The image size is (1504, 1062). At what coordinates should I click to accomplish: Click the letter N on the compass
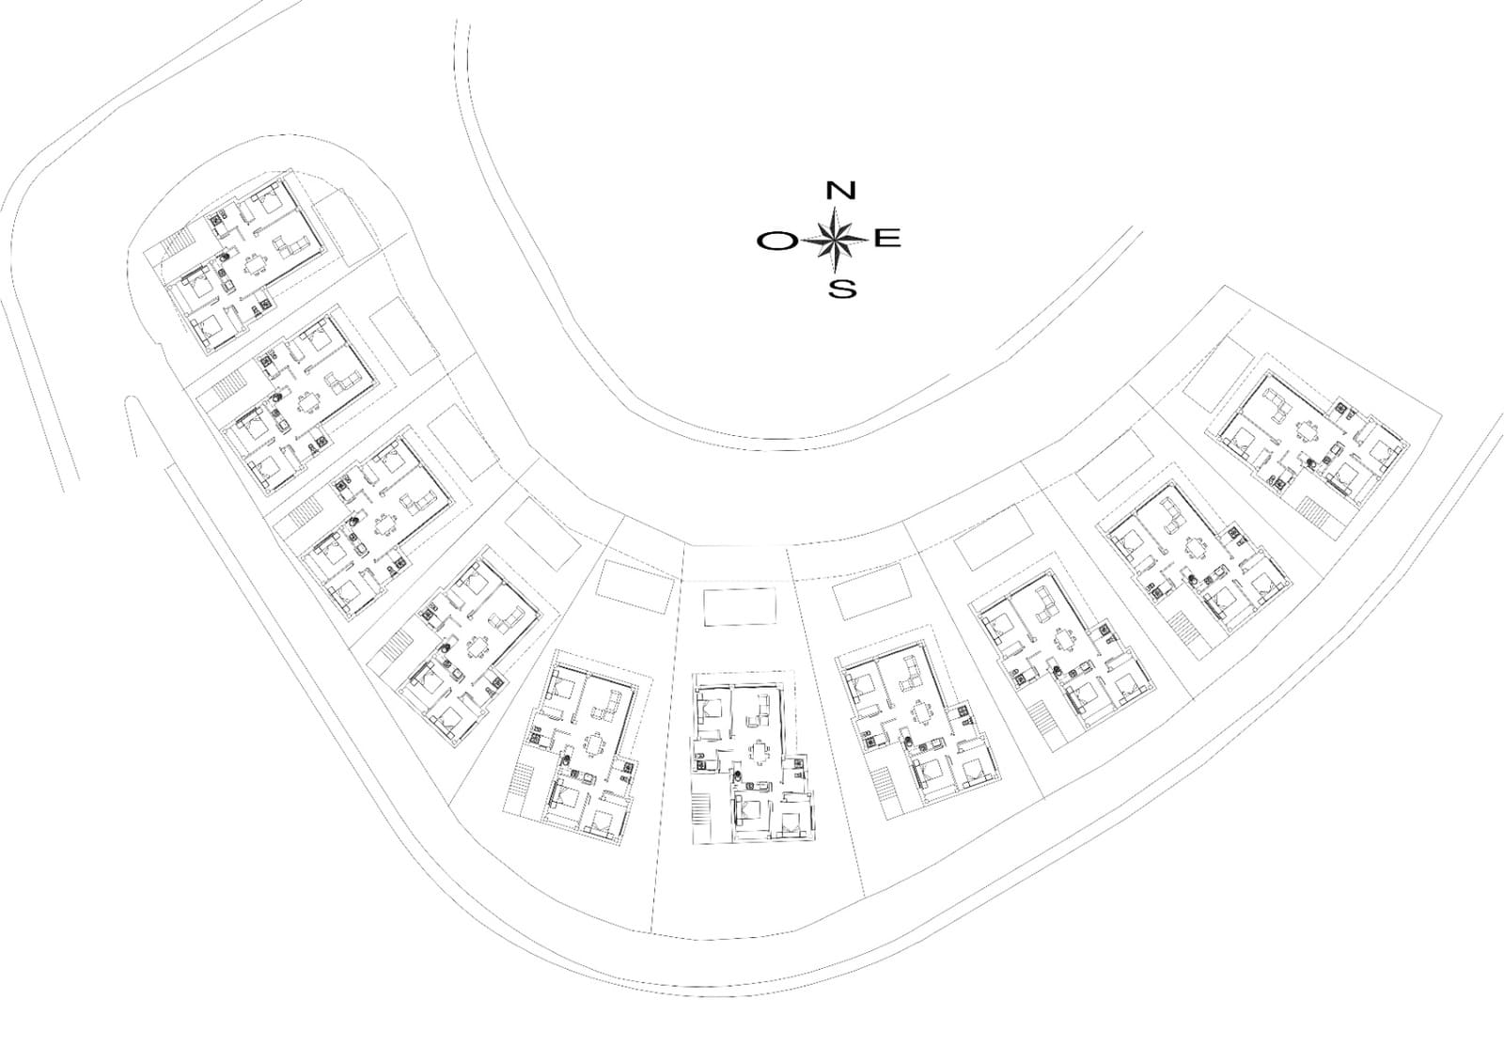tap(840, 191)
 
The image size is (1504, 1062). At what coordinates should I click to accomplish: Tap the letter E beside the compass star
tap(888, 238)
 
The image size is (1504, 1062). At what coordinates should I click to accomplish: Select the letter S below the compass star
tap(842, 287)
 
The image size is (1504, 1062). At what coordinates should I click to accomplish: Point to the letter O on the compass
tap(776, 242)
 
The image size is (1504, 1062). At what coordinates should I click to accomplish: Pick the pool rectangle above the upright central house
tap(741, 607)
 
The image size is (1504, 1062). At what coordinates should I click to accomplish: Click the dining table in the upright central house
tap(760, 751)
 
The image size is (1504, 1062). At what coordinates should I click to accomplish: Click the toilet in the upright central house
tap(739, 776)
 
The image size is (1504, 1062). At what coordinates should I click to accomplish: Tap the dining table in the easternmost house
tap(1308, 431)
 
